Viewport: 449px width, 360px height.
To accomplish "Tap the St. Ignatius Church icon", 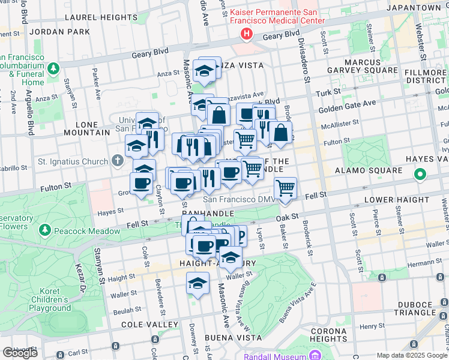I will coord(118,161).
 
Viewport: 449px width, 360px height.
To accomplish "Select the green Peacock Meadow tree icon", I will coord(44,230).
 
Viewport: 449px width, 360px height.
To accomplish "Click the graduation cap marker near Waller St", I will coord(197,284).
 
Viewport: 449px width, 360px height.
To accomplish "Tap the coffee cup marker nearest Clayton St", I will coord(141,184).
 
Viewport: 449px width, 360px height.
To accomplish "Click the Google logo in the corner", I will coord(19,353).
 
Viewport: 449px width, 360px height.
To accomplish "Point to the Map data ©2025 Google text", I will coord(412,355).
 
